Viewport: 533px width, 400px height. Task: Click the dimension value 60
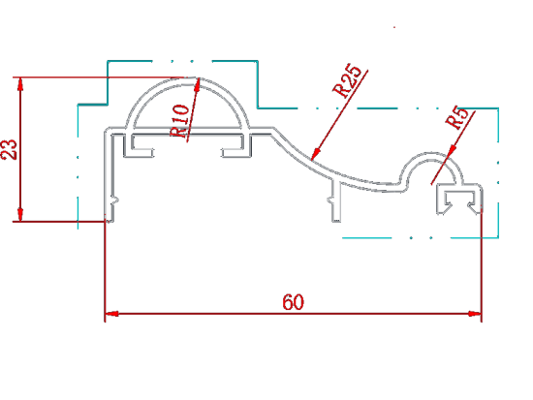[x=293, y=302]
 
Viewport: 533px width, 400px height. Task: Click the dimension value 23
[x=10, y=149]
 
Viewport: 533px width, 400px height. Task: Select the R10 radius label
[x=180, y=121]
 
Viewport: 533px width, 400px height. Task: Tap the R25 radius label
[x=346, y=80]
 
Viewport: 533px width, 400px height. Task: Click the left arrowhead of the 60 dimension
[x=111, y=314]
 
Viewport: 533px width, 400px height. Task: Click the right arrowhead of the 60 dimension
[x=475, y=314]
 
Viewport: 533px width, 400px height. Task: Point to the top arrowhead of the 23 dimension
[x=20, y=84]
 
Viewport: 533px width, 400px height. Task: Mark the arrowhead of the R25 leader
[x=316, y=154]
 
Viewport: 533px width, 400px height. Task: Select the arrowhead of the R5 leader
[x=452, y=151]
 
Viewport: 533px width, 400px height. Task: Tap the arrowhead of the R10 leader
[x=198, y=84]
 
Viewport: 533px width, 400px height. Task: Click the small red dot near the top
[x=394, y=27]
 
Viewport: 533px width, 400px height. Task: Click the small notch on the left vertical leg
[x=115, y=200]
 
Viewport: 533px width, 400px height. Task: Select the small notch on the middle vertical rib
[x=330, y=200]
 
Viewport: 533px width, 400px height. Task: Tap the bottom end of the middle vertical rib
[x=336, y=221]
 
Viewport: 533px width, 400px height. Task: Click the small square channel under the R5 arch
[x=458, y=200]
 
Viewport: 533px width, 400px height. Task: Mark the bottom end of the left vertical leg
[x=110, y=221]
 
